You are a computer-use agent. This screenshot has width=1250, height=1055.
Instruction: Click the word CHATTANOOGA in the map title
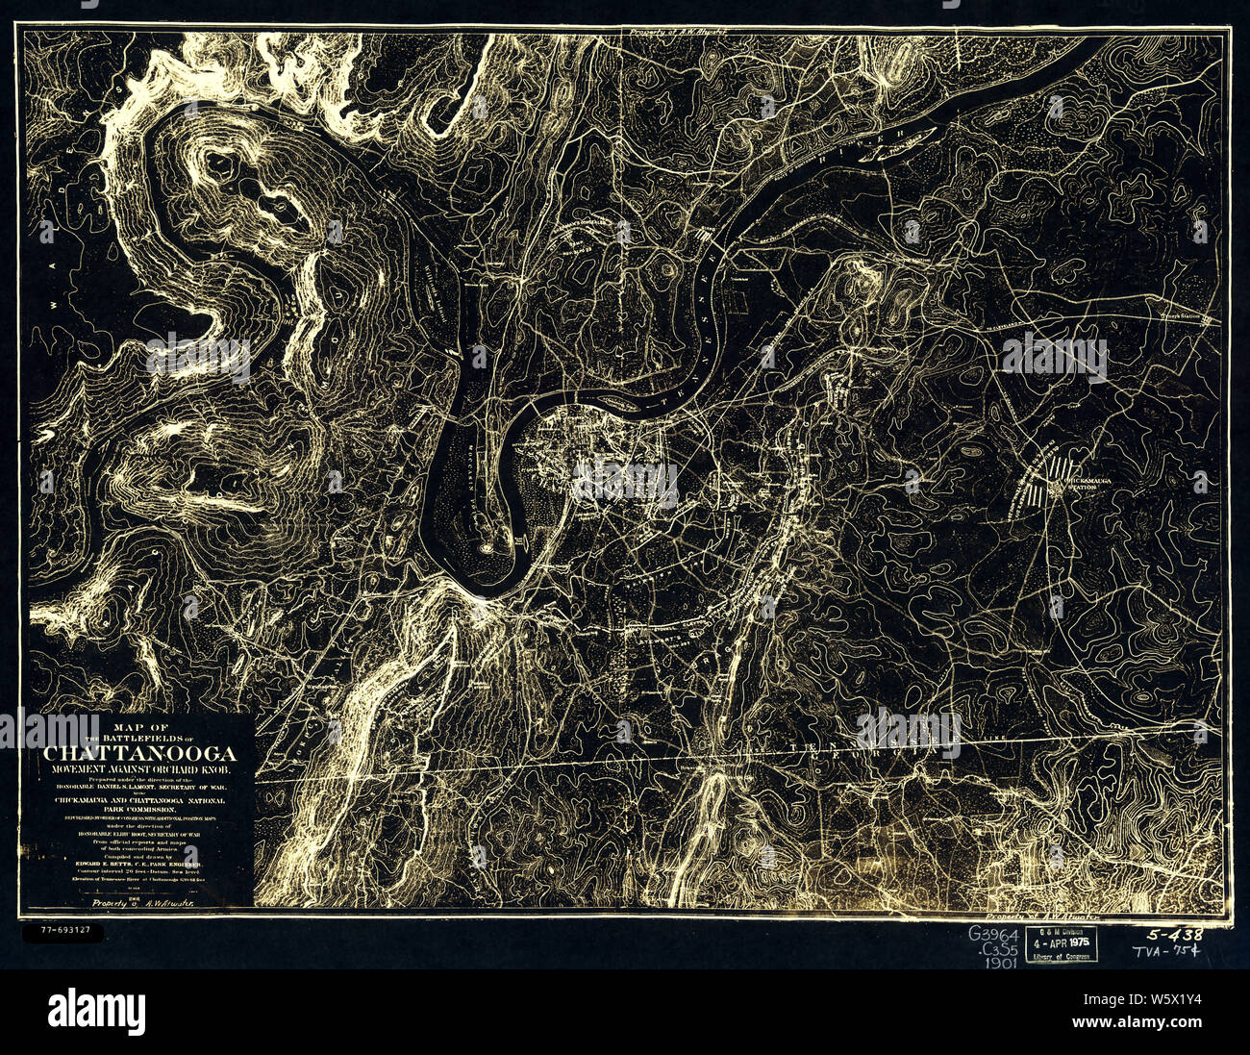tap(139, 753)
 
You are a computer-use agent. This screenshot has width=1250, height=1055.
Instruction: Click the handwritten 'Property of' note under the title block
tap(139, 903)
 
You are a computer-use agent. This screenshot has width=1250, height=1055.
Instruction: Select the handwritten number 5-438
tap(1174, 934)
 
